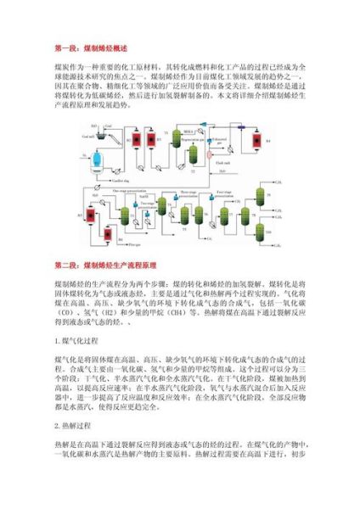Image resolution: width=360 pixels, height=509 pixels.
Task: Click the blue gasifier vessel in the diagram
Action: pyautogui.click(x=97, y=160)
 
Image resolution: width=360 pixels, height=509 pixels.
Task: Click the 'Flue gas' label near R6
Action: pyautogui.click(x=136, y=245)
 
